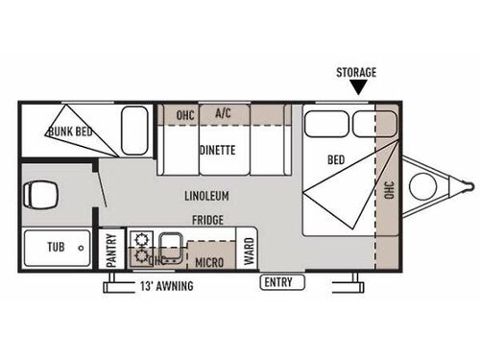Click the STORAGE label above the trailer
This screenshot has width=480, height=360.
pos(355,72)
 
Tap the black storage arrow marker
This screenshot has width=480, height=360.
pos(359,87)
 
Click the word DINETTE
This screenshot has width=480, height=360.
pos(218,149)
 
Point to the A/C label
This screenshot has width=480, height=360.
pos(224,113)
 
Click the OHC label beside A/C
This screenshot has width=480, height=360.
pos(185,115)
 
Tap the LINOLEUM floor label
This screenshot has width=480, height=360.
pos(207,196)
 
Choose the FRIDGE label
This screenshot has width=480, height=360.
pos(207,220)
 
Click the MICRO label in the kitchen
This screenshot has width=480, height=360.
pos(210,260)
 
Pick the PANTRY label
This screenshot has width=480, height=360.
pos(111,252)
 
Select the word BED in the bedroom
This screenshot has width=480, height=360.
pos(336,159)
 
